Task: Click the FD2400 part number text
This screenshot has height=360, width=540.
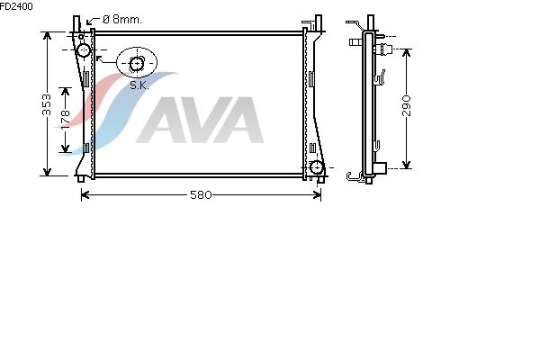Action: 16,6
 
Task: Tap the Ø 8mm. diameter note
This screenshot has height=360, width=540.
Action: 122,19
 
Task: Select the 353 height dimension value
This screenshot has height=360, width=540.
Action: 47,104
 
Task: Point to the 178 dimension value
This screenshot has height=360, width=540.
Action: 65,120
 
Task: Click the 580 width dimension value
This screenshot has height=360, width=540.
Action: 201,195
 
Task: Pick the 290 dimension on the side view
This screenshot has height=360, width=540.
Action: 407,106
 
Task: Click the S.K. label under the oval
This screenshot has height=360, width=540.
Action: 139,85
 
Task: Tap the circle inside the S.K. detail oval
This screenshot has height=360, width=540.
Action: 137,64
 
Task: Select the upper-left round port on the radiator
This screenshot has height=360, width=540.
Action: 84,50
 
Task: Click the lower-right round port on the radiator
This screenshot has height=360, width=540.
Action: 316,167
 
